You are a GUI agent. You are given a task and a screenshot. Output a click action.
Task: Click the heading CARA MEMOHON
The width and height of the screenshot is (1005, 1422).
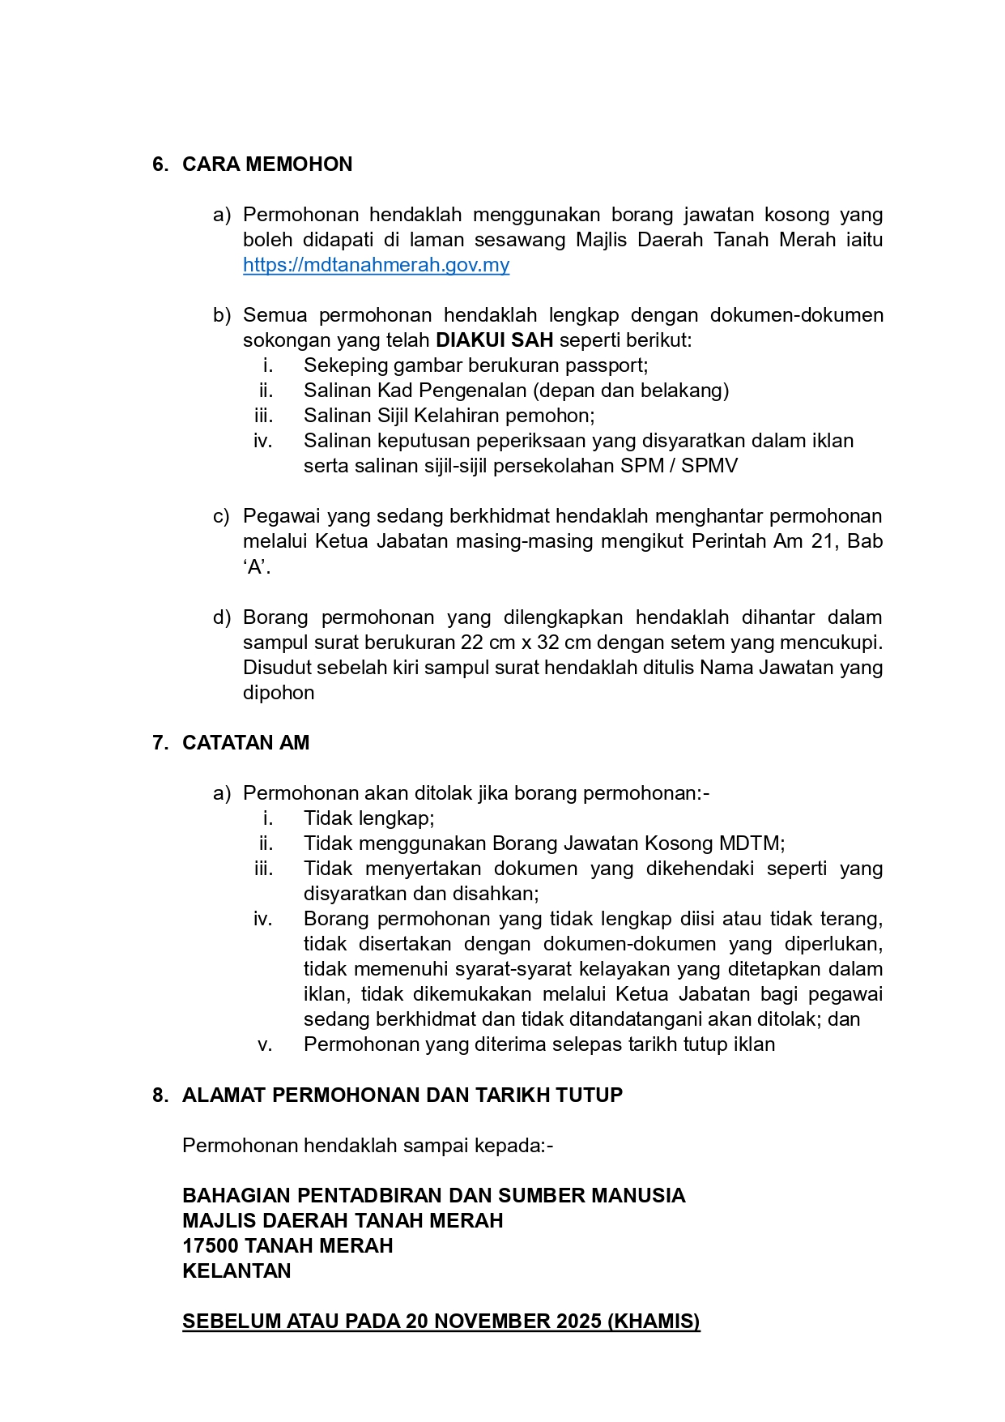point(267,164)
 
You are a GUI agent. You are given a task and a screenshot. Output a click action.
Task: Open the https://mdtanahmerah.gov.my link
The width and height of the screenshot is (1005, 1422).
point(376,265)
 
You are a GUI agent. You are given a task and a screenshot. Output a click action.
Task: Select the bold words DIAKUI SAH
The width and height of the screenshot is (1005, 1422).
point(494,340)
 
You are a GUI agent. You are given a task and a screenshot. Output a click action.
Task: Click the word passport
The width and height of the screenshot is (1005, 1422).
point(607,365)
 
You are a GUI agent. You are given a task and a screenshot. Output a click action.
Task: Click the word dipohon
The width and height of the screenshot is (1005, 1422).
point(279,693)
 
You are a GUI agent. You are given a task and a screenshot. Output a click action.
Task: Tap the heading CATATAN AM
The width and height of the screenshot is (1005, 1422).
point(245,743)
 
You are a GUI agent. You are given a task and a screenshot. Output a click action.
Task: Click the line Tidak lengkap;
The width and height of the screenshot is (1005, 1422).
point(368,818)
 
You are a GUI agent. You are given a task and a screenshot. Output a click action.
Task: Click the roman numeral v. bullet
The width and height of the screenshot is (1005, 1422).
point(265,1045)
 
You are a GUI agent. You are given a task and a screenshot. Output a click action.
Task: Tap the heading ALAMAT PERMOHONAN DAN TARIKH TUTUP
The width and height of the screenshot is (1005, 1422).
point(402,1095)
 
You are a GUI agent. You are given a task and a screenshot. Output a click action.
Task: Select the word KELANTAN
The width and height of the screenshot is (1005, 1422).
point(236,1271)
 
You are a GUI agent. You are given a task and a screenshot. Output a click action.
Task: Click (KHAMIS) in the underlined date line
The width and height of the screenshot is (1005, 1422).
point(654,1322)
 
